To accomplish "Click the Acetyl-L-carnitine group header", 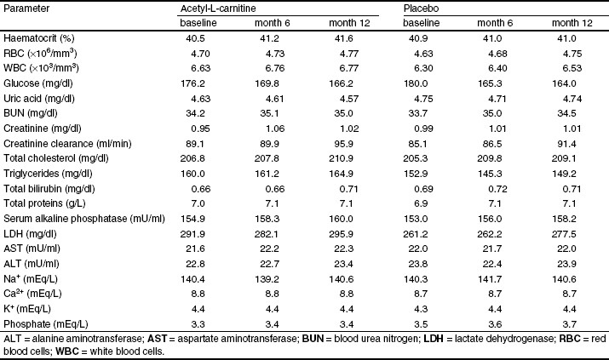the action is pos(218,9).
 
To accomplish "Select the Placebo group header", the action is pos(421,9).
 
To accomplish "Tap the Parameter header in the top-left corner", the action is pos(26,9).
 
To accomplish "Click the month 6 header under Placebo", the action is pos(495,23).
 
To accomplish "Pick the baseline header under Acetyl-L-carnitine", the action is pos(198,23).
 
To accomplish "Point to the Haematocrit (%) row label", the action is pos(39,38).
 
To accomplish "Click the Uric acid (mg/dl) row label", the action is pos(39,99).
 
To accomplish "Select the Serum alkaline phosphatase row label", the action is pos(84,219).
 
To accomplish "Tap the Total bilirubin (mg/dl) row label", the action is pos(49,189).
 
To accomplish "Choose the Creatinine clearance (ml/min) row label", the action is pos(67,144).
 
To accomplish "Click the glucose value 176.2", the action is pos(192,83).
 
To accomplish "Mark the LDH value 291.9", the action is pos(192,234).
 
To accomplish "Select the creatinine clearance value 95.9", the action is pos(344,144).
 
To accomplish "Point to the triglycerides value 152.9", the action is pos(416,174).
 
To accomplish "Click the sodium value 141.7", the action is pos(490,279).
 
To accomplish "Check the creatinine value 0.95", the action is pos(201,129).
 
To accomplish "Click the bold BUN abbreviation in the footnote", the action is pos(313,339).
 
